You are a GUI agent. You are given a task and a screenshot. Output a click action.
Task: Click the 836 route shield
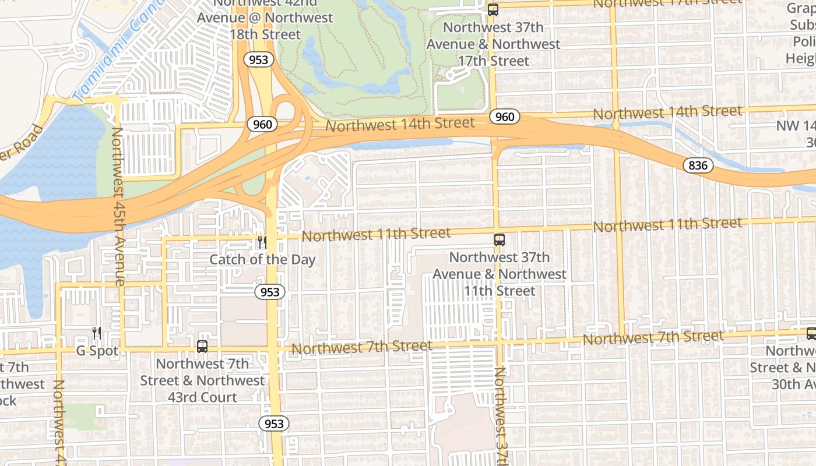pyautogui.click(x=698, y=165)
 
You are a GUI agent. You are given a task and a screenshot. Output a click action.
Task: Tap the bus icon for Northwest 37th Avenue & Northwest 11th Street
pyautogui.click(x=500, y=239)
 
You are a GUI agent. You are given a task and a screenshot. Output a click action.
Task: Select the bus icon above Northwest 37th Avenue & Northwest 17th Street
pyautogui.click(x=493, y=9)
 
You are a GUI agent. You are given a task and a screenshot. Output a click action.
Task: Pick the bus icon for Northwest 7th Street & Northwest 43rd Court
pyautogui.click(x=202, y=346)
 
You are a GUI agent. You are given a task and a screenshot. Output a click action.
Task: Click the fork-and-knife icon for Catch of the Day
pyautogui.click(x=262, y=242)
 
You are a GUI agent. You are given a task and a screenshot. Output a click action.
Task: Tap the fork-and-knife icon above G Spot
pyautogui.click(x=97, y=333)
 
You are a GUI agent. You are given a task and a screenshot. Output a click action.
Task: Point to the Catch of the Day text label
pyautogui.click(x=262, y=259)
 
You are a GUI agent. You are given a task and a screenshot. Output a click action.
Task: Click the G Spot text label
pyautogui.click(x=97, y=351)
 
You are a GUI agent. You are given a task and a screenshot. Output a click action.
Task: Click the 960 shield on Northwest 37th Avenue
pyautogui.click(x=504, y=116)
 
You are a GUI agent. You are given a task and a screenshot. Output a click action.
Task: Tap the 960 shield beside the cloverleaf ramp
pyautogui.click(x=262, y=124)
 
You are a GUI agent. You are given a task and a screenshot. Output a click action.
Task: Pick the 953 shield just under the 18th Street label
pyautogui.click(x=258, y=59)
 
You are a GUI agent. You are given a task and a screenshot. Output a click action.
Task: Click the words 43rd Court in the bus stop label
pyautogui.click(x=202, y=397)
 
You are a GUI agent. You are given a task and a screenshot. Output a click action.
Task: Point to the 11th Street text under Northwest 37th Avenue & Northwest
pyautogui.click(x=500, y=291)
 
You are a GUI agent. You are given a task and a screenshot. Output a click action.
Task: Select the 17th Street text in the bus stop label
pyautogui.click(x=494, y=61)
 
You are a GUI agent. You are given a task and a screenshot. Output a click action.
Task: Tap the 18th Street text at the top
pyautogui.click(x=265, y=34)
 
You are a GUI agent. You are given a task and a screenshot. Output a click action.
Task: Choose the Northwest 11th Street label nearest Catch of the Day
pyautogui.click(x=376, y=234)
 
